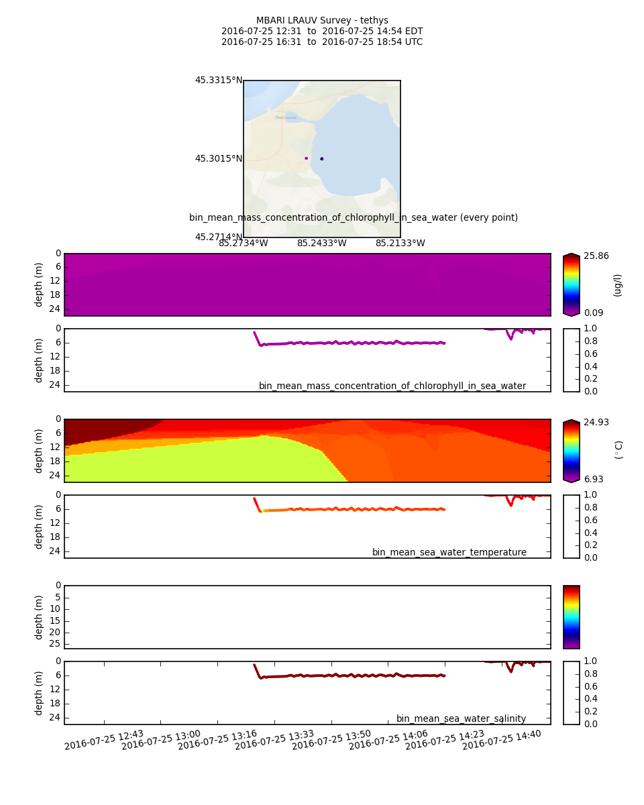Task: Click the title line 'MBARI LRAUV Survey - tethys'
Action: [322, 21]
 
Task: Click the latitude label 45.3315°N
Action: [219, 80]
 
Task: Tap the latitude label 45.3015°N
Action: [219, 159]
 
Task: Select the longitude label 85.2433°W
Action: [322, 244]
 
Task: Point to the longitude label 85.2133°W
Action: [400, 244]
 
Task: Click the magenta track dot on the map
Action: [307, 158]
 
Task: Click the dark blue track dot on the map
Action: [322, 159]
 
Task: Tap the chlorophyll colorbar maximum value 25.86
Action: [596, 256]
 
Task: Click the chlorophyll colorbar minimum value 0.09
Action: [594, 313]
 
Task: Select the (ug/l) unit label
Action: [618, 285]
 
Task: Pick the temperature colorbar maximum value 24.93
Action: [596, 423]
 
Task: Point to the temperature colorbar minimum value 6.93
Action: [594, 479]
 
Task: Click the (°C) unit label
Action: [619, 450]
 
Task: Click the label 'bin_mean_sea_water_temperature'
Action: [449, 553]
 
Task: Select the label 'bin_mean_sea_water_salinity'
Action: [461, 719]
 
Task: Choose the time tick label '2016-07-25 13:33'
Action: [274, 741]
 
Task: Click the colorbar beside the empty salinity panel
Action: [571, 617]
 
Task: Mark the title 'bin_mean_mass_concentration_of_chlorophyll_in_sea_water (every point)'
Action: [354, 218]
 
